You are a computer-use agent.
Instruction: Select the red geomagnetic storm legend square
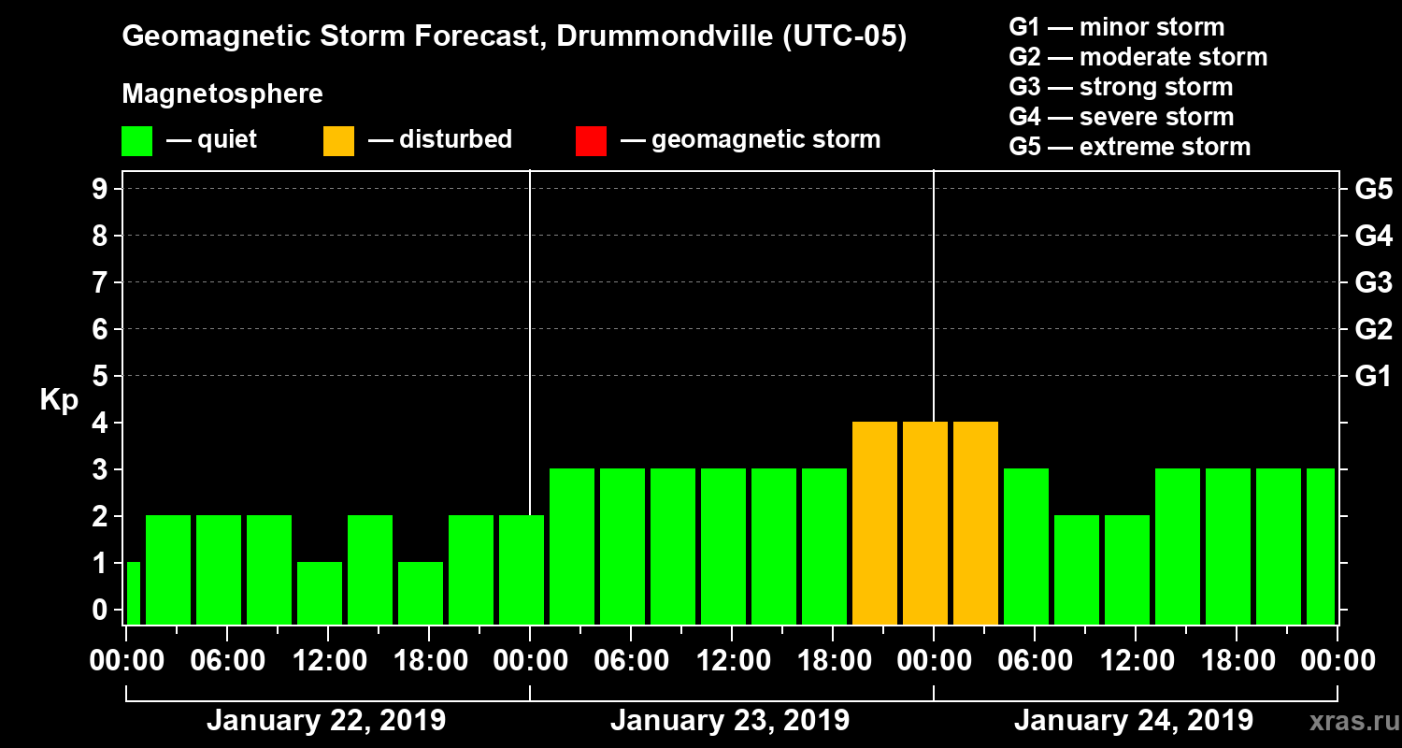coord(591,140)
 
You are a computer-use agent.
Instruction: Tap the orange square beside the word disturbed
coord(338,140)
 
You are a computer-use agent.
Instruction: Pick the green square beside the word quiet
coord(136,140)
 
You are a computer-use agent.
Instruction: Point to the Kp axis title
coord(59,399)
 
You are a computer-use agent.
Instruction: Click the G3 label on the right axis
coord(1373,282)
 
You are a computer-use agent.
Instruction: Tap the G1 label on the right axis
coord(1373,377)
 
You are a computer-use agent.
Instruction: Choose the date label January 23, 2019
coord(730,721)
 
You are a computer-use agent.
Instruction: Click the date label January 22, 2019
coord(326,721)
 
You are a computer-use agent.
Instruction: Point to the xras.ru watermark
coord(1349,721)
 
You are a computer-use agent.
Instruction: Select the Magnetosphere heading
coord(222,94)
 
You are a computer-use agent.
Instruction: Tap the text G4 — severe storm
coord(1121,117)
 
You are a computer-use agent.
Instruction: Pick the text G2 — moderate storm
coord(1137,57)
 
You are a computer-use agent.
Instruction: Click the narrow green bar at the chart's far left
coord(133,593)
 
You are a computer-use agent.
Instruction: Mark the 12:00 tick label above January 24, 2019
coord(1135,660)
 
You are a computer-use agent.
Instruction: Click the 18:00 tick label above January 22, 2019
coord(427,660)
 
